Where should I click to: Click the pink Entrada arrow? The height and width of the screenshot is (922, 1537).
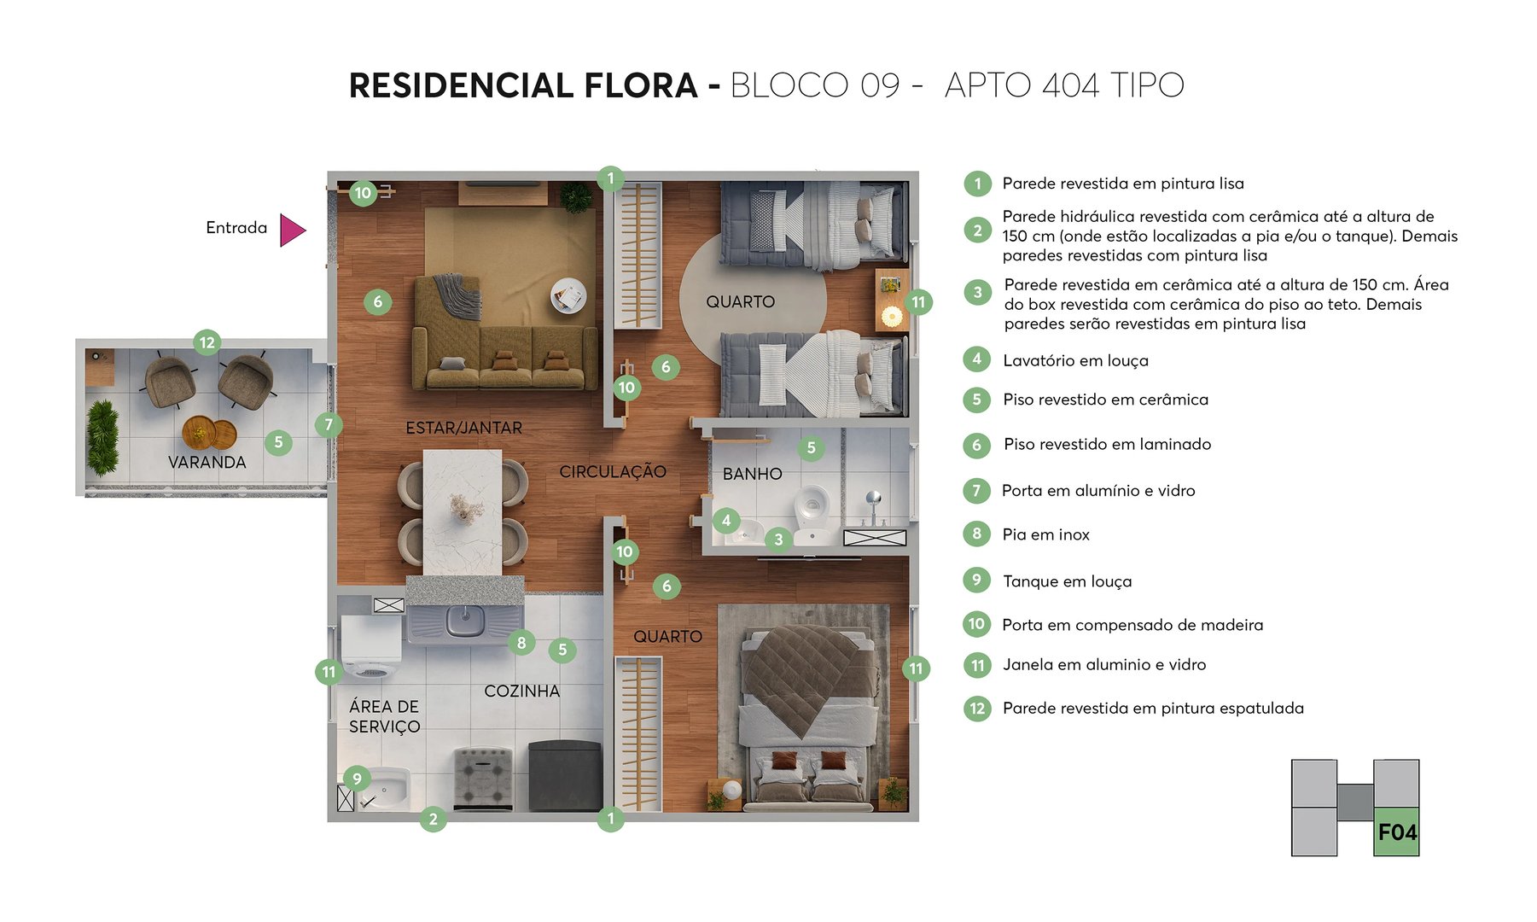pos(291,230)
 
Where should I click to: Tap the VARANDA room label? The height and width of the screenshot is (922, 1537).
pos(207,462)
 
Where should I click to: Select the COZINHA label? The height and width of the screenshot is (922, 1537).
pos(521,691)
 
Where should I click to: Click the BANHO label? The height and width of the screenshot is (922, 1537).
pos(752,474)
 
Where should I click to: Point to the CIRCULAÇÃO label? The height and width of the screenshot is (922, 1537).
pos(612,471)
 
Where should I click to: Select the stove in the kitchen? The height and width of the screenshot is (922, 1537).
pos(483,777)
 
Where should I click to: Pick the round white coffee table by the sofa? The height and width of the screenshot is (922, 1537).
pos(568,295)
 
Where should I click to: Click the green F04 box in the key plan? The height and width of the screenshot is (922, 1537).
pos(1396,832)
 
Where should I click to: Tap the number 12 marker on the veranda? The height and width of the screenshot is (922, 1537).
pos(207,343)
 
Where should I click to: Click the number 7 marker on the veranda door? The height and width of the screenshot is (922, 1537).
pos(329,424)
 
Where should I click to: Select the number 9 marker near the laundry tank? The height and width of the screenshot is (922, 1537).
pos(357,778)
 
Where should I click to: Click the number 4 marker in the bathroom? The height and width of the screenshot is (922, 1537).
pos(725,520)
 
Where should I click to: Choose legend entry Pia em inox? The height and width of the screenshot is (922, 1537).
pos(1045,534)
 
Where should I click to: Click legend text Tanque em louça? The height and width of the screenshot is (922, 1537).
pos(1067,581)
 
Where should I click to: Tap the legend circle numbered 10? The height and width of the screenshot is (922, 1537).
pos(976,624)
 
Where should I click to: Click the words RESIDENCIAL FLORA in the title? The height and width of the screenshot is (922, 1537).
pos(523,85)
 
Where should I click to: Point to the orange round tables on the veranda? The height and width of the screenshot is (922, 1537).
pos(208,432)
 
